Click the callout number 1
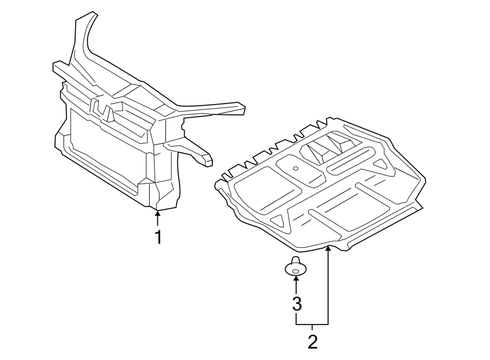pos(158,237)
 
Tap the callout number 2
pos(312,342)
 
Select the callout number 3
pos(296,303)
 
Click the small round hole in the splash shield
pos(295,168)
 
